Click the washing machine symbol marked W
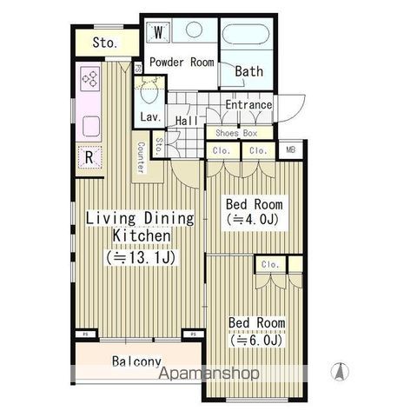pos(158,32)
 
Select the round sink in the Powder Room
pos(194,30)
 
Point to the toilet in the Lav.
pos(149,90)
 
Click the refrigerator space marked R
pos(89,157)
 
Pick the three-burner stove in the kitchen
pos(89,78)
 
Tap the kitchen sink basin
pos(91,126)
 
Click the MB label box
pos(291,149)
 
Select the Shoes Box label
pos(236,133)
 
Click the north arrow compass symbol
pos(340,372)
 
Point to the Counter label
pos(141,157)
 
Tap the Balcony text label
pos(136,361)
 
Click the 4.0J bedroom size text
pos(253,220)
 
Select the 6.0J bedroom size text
pos(256,341)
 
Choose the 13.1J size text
pos(141,257)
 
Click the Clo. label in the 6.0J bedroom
pos(270,264)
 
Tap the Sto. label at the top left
pos(105,43)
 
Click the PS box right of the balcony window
pos(193,334)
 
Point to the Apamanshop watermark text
pos(208,374)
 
